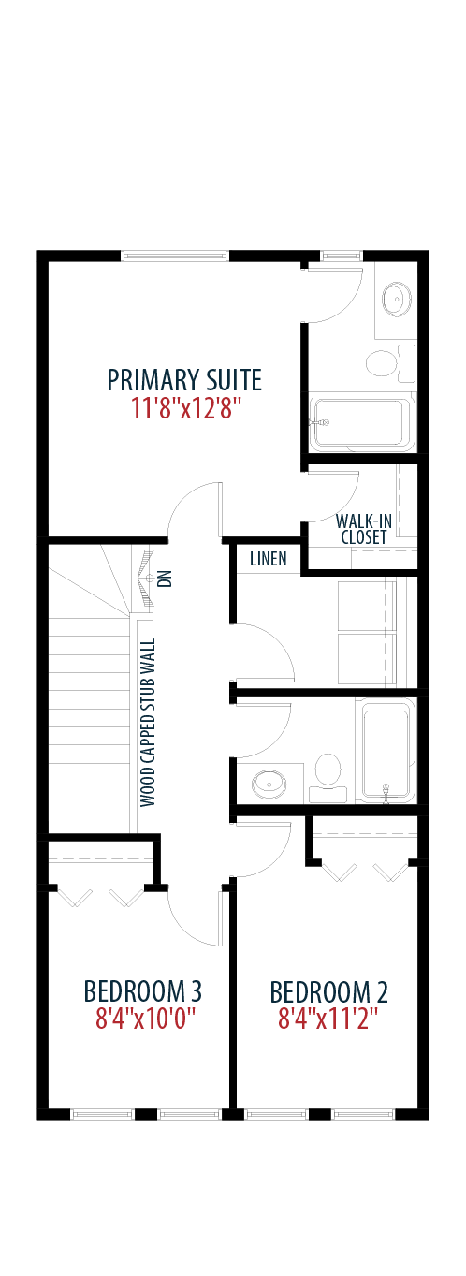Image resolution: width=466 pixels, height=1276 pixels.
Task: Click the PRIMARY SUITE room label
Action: click(x=184, y=380)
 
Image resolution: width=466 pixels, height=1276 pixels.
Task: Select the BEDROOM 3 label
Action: click(x=142, y=991)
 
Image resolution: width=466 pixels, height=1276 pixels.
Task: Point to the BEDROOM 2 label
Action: click(x=328, y=991)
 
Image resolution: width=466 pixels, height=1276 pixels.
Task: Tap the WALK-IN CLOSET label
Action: click(x=364, y=529)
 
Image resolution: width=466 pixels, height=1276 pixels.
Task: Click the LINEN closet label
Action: click(x=269, y=559)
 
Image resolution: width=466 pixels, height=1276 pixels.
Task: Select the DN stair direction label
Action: click(x=166, y=579)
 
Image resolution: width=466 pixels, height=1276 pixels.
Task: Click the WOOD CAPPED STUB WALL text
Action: click(x=148, y=723)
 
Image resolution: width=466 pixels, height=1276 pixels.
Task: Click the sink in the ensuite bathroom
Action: click(x=396, y=299)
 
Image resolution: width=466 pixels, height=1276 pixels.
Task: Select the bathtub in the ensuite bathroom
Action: click(x=362, y=422)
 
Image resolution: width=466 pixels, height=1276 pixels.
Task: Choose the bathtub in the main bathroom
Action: click(x=386, y=750)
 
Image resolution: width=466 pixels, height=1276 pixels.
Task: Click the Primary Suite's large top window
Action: click(x=175, y=256)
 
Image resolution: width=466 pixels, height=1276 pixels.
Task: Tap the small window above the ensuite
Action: click(x=342, y=256)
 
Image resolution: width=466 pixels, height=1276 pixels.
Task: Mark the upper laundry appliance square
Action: click(x=367, y=606)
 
